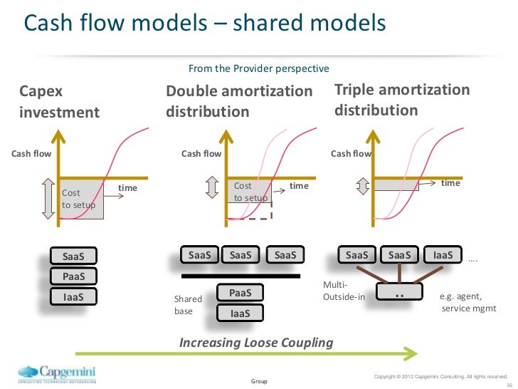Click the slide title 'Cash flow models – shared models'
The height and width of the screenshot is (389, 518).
click(204, 23)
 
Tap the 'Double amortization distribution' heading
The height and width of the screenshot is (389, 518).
click(238, 102)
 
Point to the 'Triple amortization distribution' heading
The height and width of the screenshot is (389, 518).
click(402, 100)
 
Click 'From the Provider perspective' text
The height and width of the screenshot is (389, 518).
click(258, 69)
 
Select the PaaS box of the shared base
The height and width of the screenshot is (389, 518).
click(240, 293)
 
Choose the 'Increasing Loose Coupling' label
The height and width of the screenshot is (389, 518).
click(256, 343)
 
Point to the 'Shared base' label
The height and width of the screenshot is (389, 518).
click(189, 305)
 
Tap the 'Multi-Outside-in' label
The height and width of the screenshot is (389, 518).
click(344, 291)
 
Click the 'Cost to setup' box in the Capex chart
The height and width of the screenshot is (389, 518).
click(82, 199)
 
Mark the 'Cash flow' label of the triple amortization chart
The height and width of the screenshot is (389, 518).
click(351, 153)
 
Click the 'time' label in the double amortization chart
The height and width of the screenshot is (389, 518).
click(299, 186)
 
